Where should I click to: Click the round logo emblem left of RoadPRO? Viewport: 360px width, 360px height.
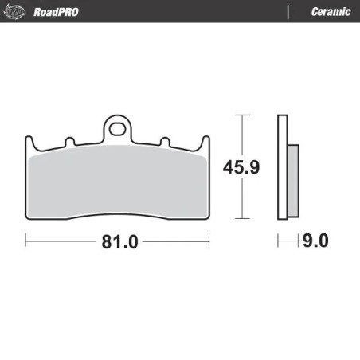[x=18, y=11]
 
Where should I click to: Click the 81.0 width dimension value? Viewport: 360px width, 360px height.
[x=118, y=241]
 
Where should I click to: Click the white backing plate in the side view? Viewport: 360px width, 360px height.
[x=281, y=167]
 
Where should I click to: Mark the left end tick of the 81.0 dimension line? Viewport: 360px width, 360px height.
[x=25, y=240]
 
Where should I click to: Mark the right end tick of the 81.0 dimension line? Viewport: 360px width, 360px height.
[x=209, y=240]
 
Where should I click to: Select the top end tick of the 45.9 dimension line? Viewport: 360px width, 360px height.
[x=241, y=115]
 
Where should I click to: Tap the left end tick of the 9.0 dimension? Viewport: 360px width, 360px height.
[x=278, y=240]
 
